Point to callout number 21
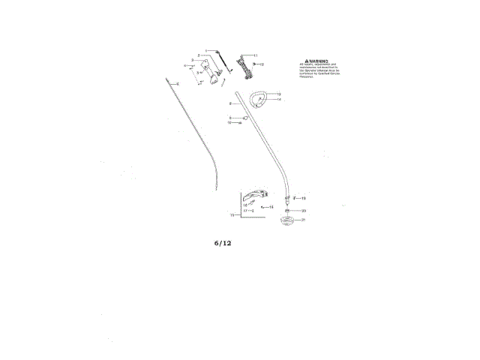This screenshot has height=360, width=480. [303, 220]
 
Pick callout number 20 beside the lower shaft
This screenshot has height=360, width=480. [303, 211]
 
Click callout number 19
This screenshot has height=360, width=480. [303, 198]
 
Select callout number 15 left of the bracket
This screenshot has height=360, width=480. [232, 215]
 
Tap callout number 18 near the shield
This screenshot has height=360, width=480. [271, 206]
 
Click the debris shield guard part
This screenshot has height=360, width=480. [255, 193]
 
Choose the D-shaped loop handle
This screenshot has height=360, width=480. [259, 98]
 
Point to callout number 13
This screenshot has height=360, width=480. [278, 94]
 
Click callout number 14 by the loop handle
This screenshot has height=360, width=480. [278, 100]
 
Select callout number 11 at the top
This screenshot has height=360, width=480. [255, 55]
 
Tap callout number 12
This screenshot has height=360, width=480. [262, 65]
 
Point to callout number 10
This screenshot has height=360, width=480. [229, 122]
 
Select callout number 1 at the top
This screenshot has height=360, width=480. [206, 50]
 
